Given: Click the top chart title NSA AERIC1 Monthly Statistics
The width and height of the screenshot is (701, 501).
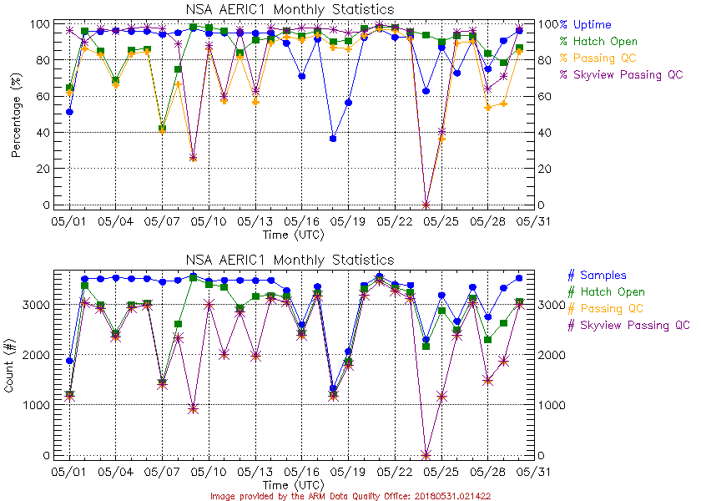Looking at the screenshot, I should click(289, 9).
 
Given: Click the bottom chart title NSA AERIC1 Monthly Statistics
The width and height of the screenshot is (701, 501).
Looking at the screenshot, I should click(289, 260).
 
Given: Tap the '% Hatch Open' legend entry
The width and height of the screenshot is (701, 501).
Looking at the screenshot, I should click(598, 41).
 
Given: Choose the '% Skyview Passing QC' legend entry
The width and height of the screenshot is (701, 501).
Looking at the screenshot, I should click(621, 74).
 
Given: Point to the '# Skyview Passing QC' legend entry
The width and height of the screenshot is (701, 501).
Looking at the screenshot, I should click(628, 325).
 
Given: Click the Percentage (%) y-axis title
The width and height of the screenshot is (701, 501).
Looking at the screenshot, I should click(16, 114).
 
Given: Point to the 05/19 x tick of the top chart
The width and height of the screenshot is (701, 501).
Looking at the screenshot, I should click(348, 222).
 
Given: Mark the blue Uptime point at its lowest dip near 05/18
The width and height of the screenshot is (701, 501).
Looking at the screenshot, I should click(333, 139).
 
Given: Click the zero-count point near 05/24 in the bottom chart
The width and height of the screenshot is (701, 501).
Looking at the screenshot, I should click(426, 455).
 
